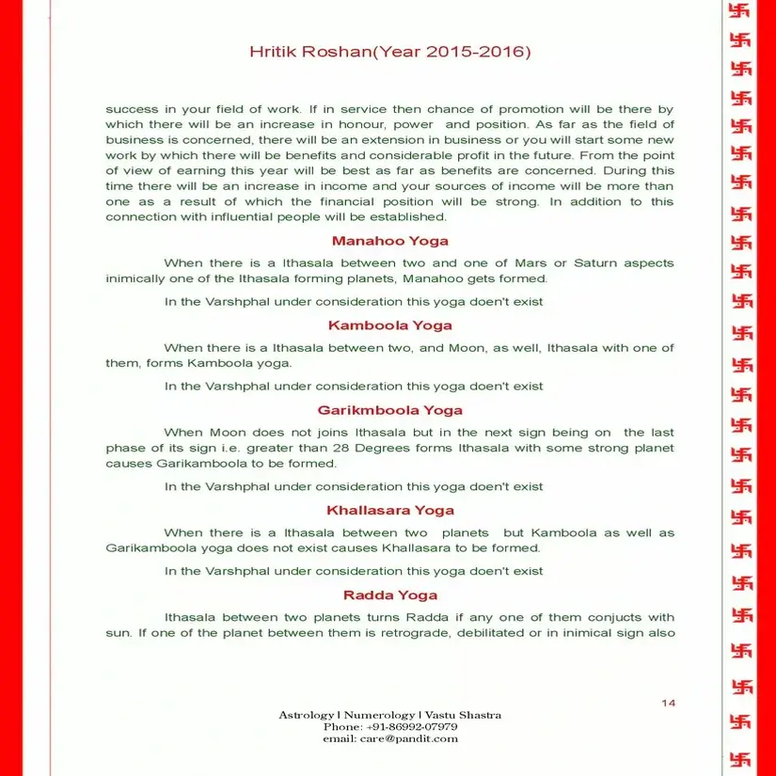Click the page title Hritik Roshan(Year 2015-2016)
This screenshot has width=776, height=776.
(x=389, y=52)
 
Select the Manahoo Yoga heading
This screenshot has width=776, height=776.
(x=389, y=241)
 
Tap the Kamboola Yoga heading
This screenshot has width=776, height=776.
(x=389, y=325)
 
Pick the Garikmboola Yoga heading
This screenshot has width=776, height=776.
(x=389, y=410)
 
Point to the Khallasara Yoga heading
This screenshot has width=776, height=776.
(x=389, y=511)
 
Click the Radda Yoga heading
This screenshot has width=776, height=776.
(x=389, y=595)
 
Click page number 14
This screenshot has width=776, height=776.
(x=668, y=703)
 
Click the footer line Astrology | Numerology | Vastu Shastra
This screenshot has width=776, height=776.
(x=389, y=715)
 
